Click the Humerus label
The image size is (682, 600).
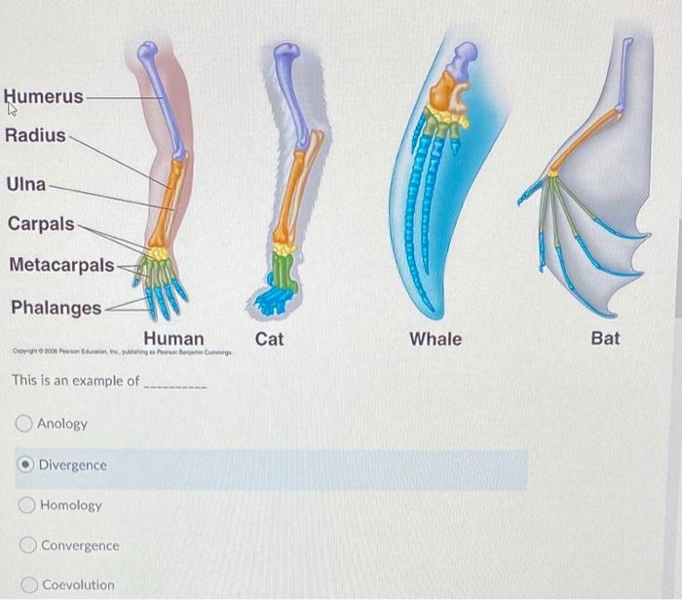(44, 96)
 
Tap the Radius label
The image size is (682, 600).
(35, 135)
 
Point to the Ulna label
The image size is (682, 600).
(25, 184)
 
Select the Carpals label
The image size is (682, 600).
(41, 224)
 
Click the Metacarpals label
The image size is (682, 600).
(61, 265)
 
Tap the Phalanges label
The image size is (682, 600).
(56, 308)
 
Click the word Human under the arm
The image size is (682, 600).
(173, 339)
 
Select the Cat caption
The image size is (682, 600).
(270, 339)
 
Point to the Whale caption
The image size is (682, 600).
(436, 339)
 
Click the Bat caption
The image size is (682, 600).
(605, 339)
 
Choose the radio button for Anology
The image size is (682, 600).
(23, 424)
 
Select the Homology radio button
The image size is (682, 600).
(25, 506)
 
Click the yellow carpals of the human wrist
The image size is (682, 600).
(155, 253)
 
